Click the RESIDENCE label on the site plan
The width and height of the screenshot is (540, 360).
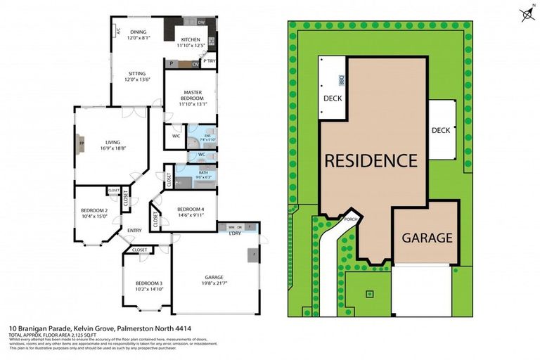[x=370, y=160]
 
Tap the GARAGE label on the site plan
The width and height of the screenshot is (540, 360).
[x=427, y=238]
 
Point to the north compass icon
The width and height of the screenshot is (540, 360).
[x=525, y=13]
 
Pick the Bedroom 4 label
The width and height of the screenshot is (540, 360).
[x=191, y=210]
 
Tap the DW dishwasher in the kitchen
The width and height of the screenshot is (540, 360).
[x=201, y=22]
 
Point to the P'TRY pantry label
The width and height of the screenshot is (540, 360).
[x=209, y=61]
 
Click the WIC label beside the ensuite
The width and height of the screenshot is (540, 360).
[x=176, y=136]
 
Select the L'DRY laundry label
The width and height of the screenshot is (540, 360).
[x=235, y=233]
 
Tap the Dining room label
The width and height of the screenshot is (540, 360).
[x=137, y=31]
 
